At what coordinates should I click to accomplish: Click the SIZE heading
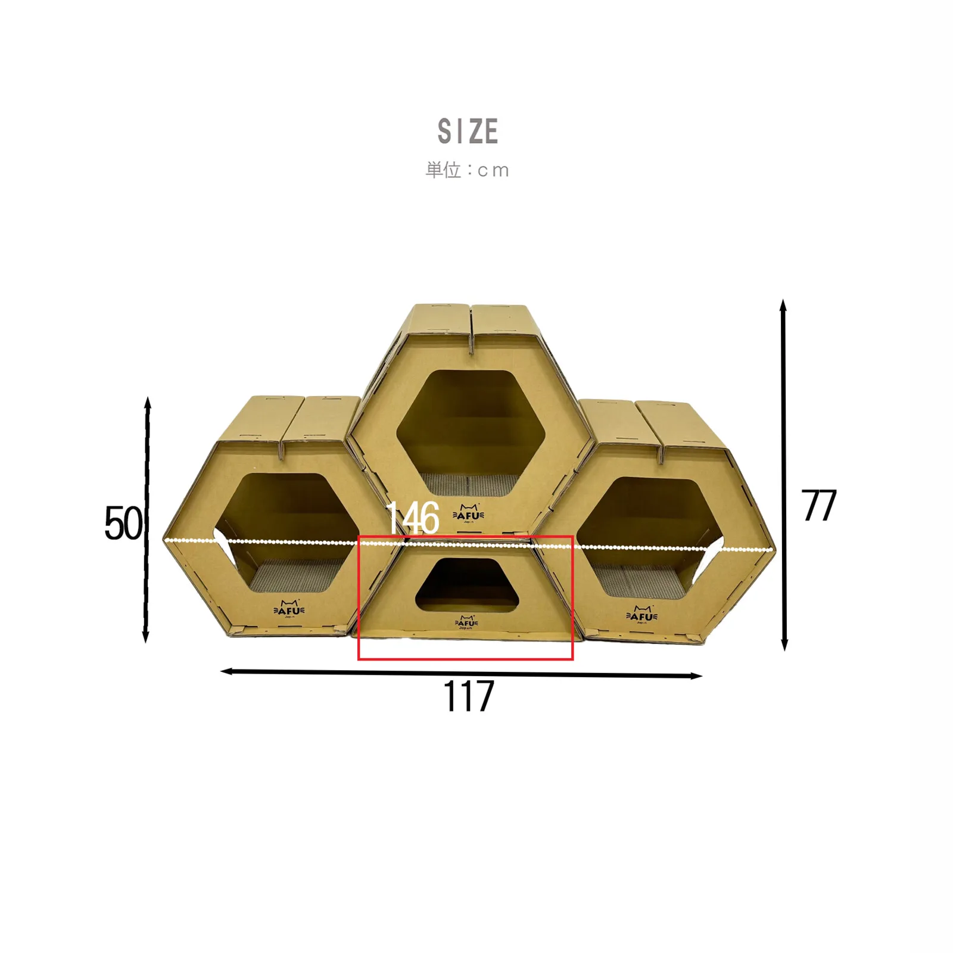468,131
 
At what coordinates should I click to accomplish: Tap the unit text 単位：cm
468,170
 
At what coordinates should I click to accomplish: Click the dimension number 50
123,524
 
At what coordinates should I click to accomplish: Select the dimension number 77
819,506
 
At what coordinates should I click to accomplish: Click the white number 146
413,518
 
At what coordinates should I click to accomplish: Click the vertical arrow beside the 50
147,520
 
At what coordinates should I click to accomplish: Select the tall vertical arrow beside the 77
784,475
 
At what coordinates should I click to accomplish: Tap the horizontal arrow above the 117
462,674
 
